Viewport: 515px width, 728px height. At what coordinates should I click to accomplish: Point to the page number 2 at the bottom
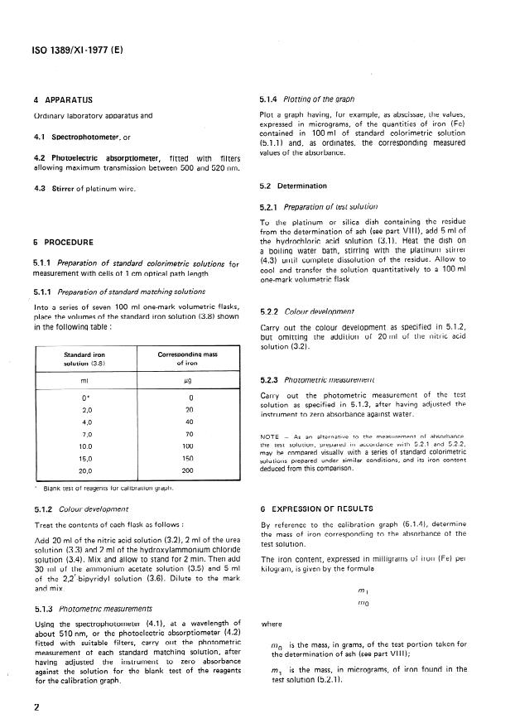[x=36, y=706]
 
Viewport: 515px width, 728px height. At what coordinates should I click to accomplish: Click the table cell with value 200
[x=188, y=470]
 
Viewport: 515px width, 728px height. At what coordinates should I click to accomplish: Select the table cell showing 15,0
[x=75, y=458]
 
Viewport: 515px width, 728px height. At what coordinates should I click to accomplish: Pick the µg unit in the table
[x=188, y=382]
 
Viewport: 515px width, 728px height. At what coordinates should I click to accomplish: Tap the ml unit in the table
[x=75, y=382]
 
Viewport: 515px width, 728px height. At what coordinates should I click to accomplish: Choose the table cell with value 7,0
[x=75, y=434]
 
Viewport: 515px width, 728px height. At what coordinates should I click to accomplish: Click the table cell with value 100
[x=188, y=446]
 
